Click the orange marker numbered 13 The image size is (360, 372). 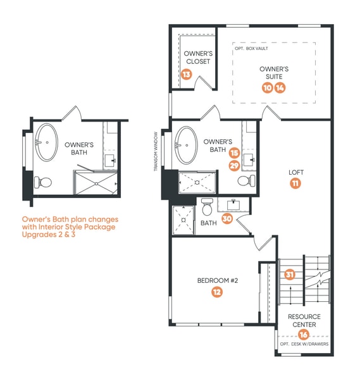pyautogui.click(x=186, y=74)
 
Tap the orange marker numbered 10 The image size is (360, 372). pyautogui.click(x=268, y=88)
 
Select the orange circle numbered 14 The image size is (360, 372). pyautogui.click(x=280, y=88)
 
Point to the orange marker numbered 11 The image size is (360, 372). pyautogui.click(x=295, y=183)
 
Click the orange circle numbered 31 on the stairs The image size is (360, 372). pyautogui.click(x=290, y=275)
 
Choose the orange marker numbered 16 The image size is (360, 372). pyautogui.click(x=303, y=335)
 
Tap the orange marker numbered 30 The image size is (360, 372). pyautogui.click(x=227, y=218)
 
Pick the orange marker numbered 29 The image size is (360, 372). pyautogui.click(x=235, y=166)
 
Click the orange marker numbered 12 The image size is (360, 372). pyautogui.click(x=217, y=292)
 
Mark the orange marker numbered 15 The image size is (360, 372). pyautogui.click(x=235, y=153)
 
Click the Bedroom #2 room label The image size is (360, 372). pyautogui.click(x=218, y=281)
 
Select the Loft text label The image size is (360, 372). pyautogui.click(x=296, y=173)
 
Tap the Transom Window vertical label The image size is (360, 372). pyautogui.click(x=156, y=151)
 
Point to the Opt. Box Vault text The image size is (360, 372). pyautogui.click(x=251, y=48)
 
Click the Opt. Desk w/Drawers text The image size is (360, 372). pyautogui.click(x=304, y=344)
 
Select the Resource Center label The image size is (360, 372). pyautogui.click(x=304, y=321)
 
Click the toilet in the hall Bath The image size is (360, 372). pyautogui.click(x=207, y=207)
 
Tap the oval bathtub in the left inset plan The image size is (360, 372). pyautogui.click(x=47, y=142)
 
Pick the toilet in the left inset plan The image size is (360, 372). pyautogui.click(x=43, y=182)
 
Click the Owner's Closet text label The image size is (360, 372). pyautogui.click(x=198, y=58)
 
